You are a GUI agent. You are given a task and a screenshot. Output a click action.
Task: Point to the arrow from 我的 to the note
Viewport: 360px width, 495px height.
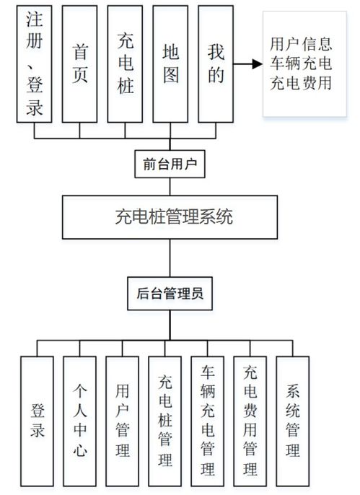pos(247,63)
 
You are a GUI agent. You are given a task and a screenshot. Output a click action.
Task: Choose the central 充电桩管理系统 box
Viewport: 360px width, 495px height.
pos(171,216)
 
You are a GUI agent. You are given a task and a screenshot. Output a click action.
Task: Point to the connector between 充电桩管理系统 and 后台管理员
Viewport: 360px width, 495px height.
pos(171,257)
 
